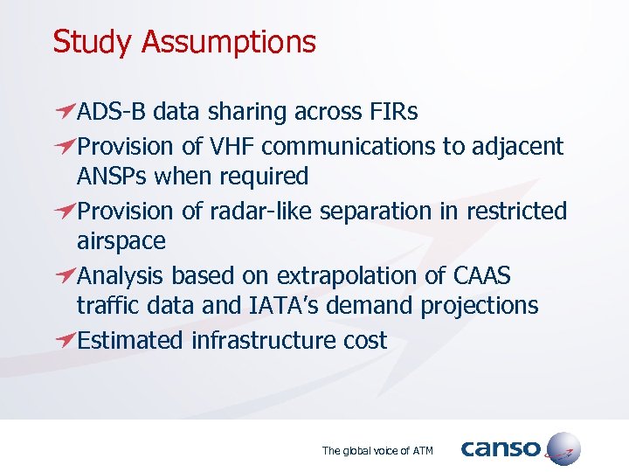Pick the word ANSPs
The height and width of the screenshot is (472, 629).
112,177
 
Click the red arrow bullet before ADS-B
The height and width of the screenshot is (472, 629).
64,111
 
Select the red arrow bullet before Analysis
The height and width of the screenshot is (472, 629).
64,275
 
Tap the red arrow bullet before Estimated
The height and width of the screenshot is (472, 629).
64,339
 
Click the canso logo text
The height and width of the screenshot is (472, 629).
501,449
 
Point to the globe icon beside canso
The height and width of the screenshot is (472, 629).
562,449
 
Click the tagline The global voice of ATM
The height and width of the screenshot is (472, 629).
377,451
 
